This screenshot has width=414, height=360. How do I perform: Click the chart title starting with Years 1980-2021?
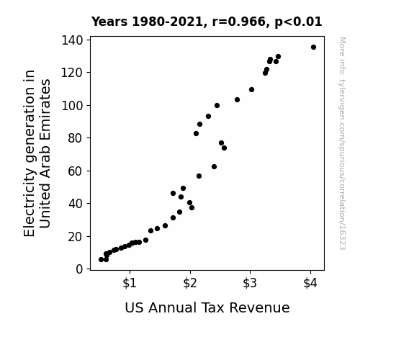pyautogui.click(x=207, y=22)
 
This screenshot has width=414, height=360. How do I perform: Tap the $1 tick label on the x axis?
pyautogui.click(x=130, y=283)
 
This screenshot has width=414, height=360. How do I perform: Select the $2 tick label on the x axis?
pyautogui.click(x=190, y=283)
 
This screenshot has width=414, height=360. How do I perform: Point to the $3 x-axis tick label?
pyautogui.click(x=250, y=283)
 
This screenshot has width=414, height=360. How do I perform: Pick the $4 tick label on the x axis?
pyautogui.click(x=310, y=283)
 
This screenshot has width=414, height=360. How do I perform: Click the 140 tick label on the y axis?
pyautogui.click(x=72, y=40)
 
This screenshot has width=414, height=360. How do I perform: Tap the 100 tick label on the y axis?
pyautogui.click(x=72, y=106)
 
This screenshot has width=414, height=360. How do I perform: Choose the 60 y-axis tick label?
pyautogui.click(x=76, y=171)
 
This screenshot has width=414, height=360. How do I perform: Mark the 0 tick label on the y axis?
pyautogui.click(x=79, y=269)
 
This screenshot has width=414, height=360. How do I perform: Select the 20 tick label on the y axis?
pyautogui.click(x=76, y=237)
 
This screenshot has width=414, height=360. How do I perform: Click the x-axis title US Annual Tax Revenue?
pyautogui.click(x=207, y=307)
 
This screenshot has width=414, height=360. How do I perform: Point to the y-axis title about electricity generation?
pyautogui.click(x=37, y=153)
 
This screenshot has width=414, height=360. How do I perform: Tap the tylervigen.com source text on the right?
pyautogui.click(x=342, y=143)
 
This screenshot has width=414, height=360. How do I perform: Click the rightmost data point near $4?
pyautogui.click(x=313, y=48)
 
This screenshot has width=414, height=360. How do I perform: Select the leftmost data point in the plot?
pyautogui.click(x=101, y=260)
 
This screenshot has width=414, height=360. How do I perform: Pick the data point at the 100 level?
pyautogui.click(x=217, y=106)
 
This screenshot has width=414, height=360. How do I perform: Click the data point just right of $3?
pyautogui.click(x=251, y=90)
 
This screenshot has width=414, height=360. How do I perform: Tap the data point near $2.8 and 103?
pyautogui.click(x=237, y=100)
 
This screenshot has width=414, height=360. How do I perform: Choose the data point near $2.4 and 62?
pyautogui.click(x=214, y=166)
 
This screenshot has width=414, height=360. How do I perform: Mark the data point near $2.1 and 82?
pyautogui.click(x=196, y=134)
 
